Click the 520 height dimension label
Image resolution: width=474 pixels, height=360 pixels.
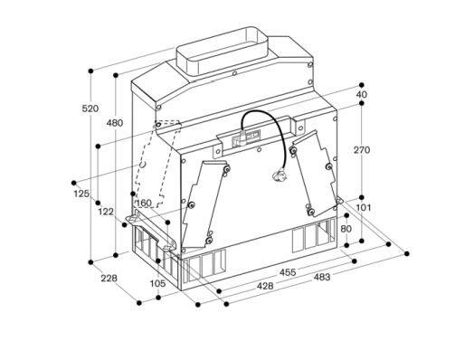click(x=90, y=109)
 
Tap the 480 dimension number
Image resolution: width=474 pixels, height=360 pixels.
click(x=115, y=123)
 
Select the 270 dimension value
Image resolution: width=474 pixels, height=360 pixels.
click(x=362, y=149)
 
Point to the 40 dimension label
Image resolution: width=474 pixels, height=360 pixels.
click(x=362, y=94)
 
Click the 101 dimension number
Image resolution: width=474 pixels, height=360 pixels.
click(x=363, y=208)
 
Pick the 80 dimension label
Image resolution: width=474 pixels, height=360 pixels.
click(x=346, y=229)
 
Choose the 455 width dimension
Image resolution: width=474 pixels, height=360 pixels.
click(x=288, y=272)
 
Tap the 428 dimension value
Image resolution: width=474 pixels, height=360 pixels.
click(x=265, y=286)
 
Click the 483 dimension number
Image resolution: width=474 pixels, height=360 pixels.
click(x=322, y=277)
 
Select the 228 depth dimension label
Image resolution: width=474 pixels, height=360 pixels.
click(x=109, y=278)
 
